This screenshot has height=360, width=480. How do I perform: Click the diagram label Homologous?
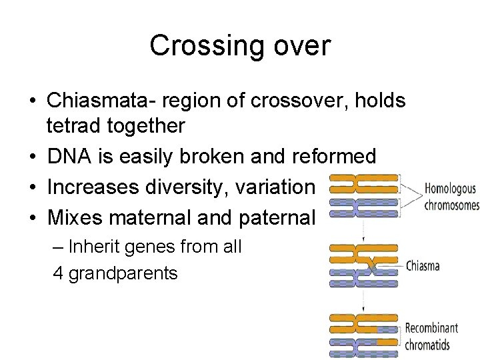(451, 189)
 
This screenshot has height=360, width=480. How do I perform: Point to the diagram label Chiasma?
(423, 265)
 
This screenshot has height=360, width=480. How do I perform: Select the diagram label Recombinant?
(431, 328)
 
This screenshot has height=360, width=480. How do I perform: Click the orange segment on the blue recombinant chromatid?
(383, 341)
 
